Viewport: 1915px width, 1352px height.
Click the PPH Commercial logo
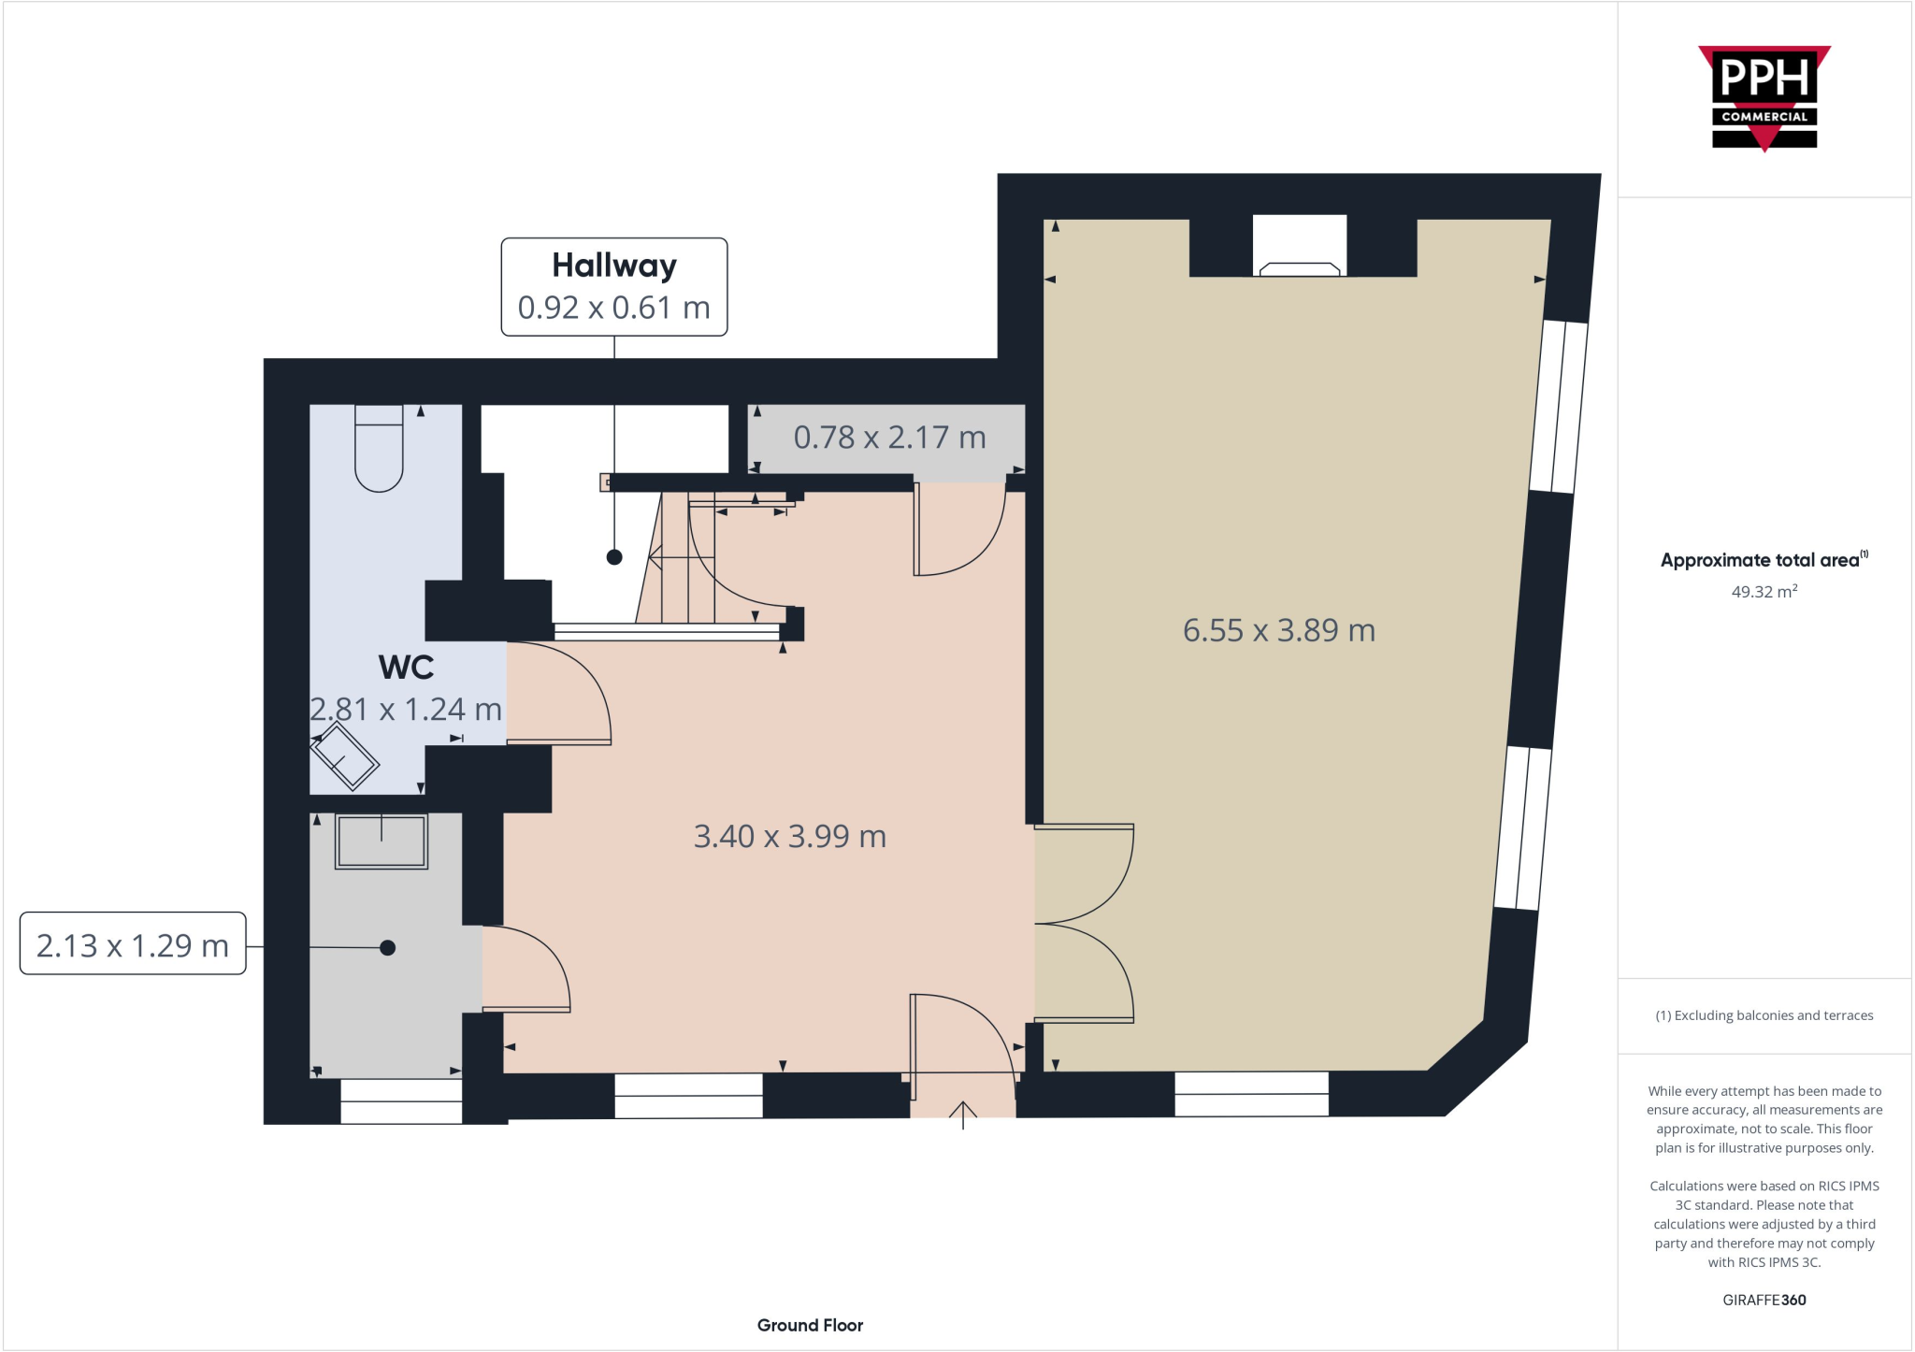(x=1764, y=96)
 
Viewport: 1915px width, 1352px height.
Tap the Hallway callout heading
(x=613, y=266)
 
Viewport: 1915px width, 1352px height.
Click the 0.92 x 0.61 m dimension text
(x=613, y=308)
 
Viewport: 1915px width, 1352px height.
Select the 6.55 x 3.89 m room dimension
(x=1278, y=630)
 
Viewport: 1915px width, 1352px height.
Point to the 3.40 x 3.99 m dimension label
(x=789, y=836)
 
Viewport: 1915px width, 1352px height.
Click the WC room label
(x=406, y=668)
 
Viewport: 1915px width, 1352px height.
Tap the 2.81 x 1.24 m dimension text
(x=406, y=710)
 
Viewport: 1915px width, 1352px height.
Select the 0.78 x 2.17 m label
(x=889, y=438)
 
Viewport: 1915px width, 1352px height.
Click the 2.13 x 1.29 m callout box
(x=133, y=944)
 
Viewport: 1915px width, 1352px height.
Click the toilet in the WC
(x=379, y=449)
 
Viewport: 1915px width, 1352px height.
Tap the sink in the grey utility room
(x=382, y=841)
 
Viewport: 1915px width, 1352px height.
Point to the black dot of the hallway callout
(x=614, y=557)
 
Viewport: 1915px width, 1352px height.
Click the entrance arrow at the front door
(x=963, y=1115)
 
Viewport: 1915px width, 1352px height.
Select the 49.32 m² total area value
(x=1764, y=592)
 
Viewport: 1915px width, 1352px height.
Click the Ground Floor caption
(x=810, y=1325)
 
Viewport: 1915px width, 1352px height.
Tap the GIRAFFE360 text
(x=1764, y=1300)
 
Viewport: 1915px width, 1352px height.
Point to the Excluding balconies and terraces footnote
(x=1764, y=1015)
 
